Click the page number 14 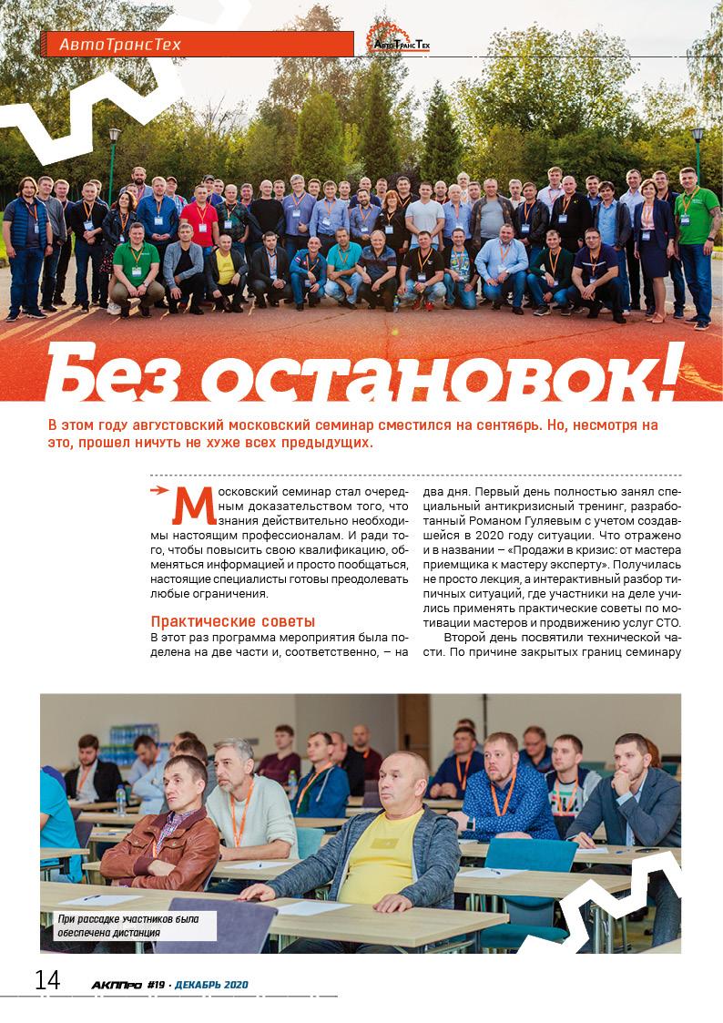tap(47, 981)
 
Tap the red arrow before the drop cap tap(161, 490)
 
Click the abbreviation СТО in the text tap(667, 622)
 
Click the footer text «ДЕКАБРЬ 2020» tap(211, 985)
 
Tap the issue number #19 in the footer tap(155, 985)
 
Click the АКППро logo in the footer tap(117, 985)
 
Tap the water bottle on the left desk tap(119, 799)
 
